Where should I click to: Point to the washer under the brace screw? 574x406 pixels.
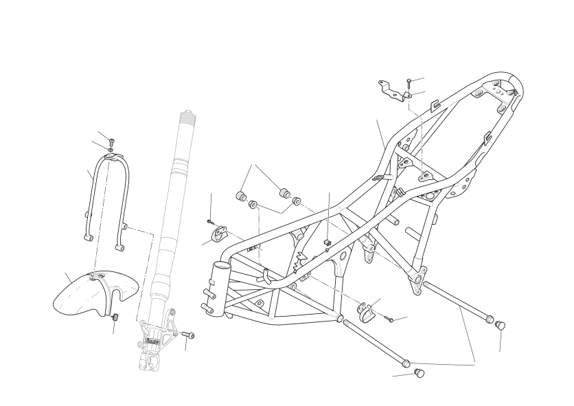pos(110,150)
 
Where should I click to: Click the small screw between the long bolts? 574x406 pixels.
pos(389,318)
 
